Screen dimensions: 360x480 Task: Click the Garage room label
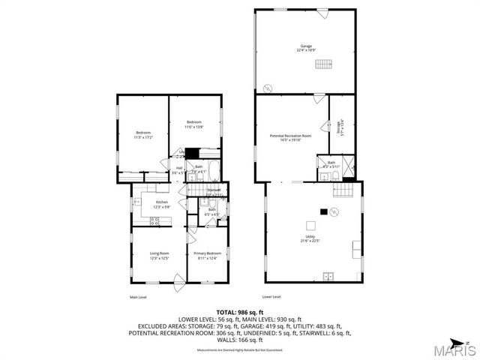click(306, 48)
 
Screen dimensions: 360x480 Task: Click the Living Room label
click(158, 256)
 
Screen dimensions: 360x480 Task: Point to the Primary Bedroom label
click(206, 256)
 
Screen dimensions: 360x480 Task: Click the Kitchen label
click(160, 204)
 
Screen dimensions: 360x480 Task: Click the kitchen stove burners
click(155, 220)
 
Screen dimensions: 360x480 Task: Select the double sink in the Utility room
click(328, 277)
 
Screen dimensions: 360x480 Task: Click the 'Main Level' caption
click(137, 298)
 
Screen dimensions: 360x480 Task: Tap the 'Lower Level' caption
click(271, 296)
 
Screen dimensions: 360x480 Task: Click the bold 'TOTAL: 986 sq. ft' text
click(239, 312)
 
